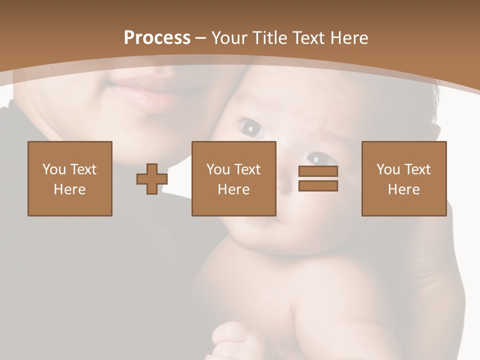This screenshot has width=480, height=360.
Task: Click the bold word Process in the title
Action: click(x=157, y=38)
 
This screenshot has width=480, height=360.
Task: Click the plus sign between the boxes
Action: click(x=152, y=178)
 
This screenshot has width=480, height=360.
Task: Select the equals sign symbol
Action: click(x=318, y=178)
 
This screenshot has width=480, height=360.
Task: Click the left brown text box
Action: click(x=70, y=178)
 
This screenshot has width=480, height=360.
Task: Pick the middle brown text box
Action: click(x=234, y=178)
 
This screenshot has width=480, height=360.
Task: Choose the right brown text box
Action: click(x=404, y=178)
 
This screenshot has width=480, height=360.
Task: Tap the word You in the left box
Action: click(x=54, y=169)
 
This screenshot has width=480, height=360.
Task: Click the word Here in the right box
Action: click(x=404, y=189)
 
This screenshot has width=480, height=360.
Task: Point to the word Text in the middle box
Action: click(x=247, y=169)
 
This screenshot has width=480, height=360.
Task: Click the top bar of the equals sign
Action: click(x=318, y=171)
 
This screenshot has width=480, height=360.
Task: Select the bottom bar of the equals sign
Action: click(x=318, y=185)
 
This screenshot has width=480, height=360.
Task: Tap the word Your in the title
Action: click(x=228, y=38)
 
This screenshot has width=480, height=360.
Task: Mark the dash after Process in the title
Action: click(x=200, y=38)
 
